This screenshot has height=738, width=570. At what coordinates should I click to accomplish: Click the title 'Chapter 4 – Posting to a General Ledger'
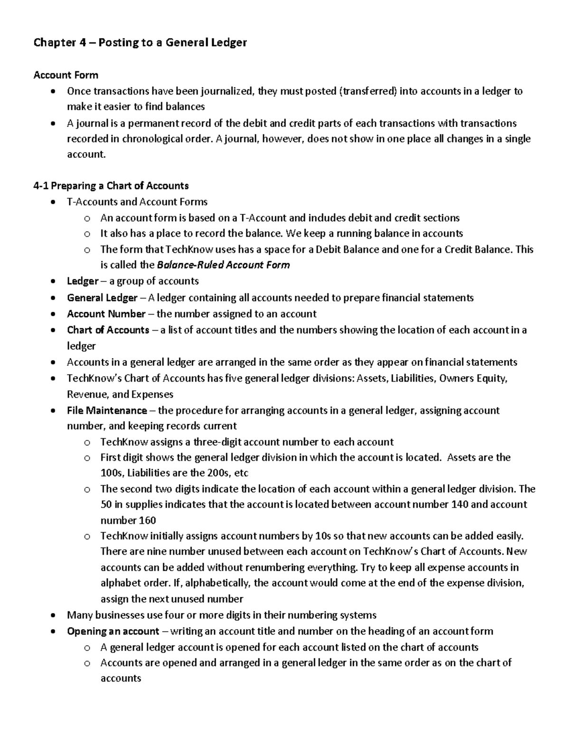click(x=140, y=43)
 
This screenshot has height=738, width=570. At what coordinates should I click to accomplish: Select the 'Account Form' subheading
click(x=66, y=75)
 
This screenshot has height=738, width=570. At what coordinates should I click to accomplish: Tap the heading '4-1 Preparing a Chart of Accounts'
click(x=111, y=185)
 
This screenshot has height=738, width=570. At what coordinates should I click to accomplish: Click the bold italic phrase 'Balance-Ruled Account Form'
click(x=223, y=265)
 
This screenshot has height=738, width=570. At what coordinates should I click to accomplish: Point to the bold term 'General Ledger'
click(x=102, y=298)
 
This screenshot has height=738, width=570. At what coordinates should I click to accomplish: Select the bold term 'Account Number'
click(x=106, y=314)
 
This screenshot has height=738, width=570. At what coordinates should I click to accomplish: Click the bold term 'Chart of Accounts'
click(x=108, y=330)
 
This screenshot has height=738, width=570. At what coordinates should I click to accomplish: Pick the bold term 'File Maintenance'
click(x=107, y=410)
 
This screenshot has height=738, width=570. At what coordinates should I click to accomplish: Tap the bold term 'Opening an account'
click(x=113, y=631)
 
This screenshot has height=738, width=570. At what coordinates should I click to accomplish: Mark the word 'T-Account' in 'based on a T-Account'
click(x=263, y=218)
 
